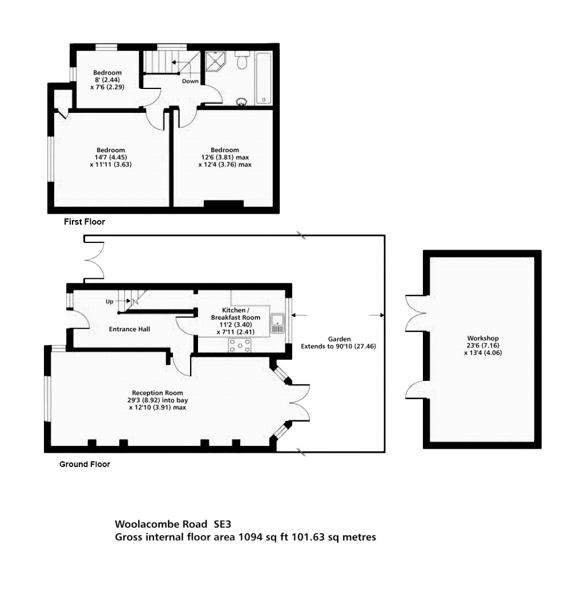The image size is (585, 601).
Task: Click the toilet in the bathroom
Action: [242, 61]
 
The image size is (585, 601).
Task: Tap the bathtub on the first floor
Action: [264, 78]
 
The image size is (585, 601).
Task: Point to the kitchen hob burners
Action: [240, 345]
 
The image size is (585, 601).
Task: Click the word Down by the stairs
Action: [190, 81]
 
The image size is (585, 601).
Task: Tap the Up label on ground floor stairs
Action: [110, 301]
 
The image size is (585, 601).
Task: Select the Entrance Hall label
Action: [130, 329]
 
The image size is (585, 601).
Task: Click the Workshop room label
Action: [482, 338]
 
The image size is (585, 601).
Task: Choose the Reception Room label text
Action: [158, 393]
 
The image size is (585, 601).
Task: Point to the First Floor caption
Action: [84, 222]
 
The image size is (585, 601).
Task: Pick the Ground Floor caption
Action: [84, 464]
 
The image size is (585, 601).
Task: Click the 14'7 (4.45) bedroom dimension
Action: [110, 157]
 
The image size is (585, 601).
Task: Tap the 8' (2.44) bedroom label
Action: [107, 80]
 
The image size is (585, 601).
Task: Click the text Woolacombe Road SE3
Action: [174, 523]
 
